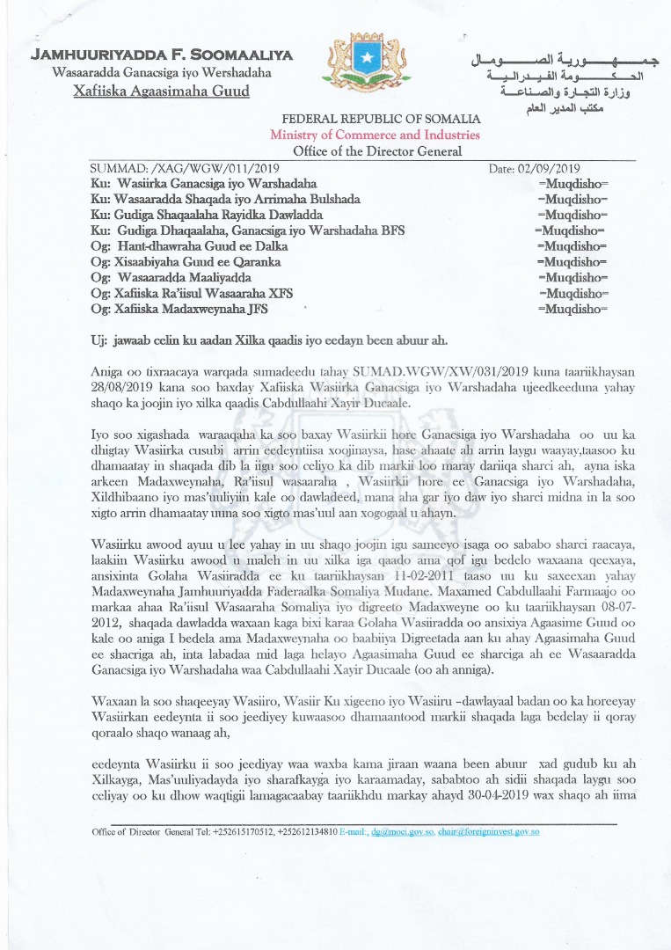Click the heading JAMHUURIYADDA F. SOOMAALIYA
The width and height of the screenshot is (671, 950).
(162, 55)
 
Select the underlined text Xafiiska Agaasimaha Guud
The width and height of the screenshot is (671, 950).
(162, 91)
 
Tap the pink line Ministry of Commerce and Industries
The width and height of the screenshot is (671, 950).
(375, 135)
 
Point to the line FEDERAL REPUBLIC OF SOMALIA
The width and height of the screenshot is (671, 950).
(381, 119)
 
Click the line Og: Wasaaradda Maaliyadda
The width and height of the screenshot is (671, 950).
(171, 278)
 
